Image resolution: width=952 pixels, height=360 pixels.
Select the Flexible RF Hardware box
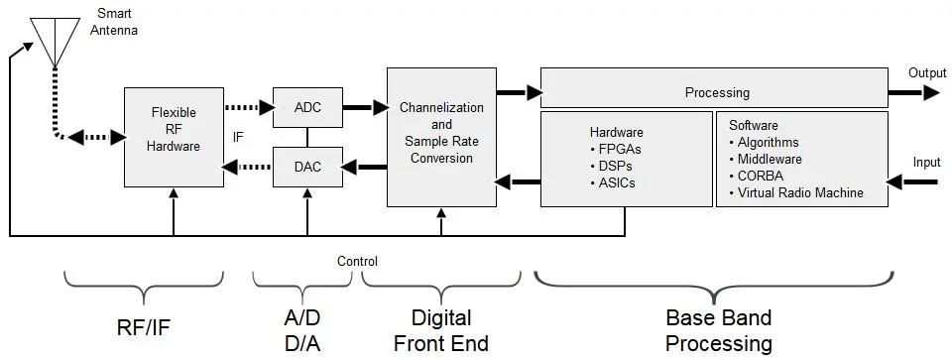(174, 136)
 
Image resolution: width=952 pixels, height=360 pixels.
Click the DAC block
(307, 167)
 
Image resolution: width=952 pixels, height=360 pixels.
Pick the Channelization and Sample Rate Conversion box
(441, 136)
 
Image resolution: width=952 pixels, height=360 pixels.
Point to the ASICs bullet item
(618, 183)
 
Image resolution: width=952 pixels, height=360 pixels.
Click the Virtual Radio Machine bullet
(798, 192)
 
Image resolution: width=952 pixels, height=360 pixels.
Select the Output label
(927, 73)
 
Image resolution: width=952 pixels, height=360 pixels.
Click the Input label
(927, 161)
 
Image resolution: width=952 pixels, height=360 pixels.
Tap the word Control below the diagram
(357, 262)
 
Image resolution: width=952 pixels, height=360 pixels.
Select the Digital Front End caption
(441, 330)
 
